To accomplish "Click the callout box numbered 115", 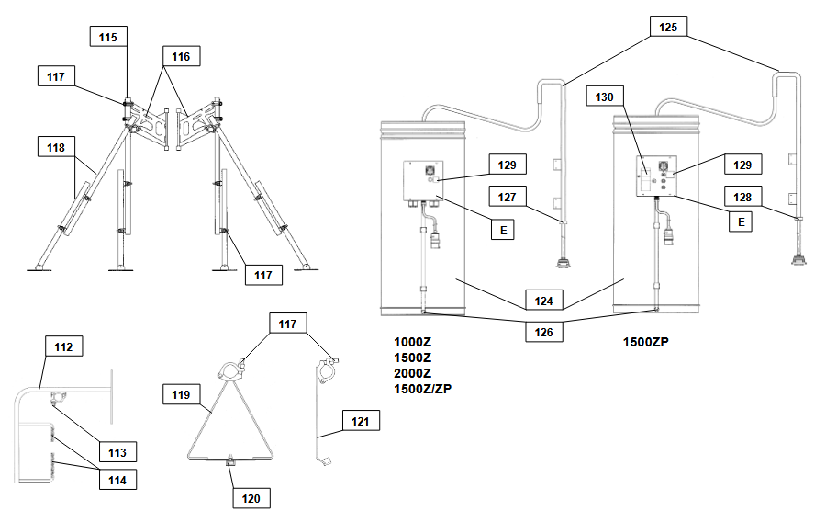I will point(108,38).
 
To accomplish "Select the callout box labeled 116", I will point(180,57).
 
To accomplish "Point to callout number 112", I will point(64,346).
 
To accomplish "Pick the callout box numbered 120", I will point(251,498).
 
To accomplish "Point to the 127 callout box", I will point(508,195).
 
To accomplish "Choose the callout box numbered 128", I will point(742,195).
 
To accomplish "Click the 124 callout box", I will point(542,300).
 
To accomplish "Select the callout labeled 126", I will point(542,331).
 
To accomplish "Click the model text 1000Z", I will point(413,342).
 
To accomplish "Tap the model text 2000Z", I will point(413,373).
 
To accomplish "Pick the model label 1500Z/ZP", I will point(423,389).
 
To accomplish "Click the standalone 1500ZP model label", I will point(646,342).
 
